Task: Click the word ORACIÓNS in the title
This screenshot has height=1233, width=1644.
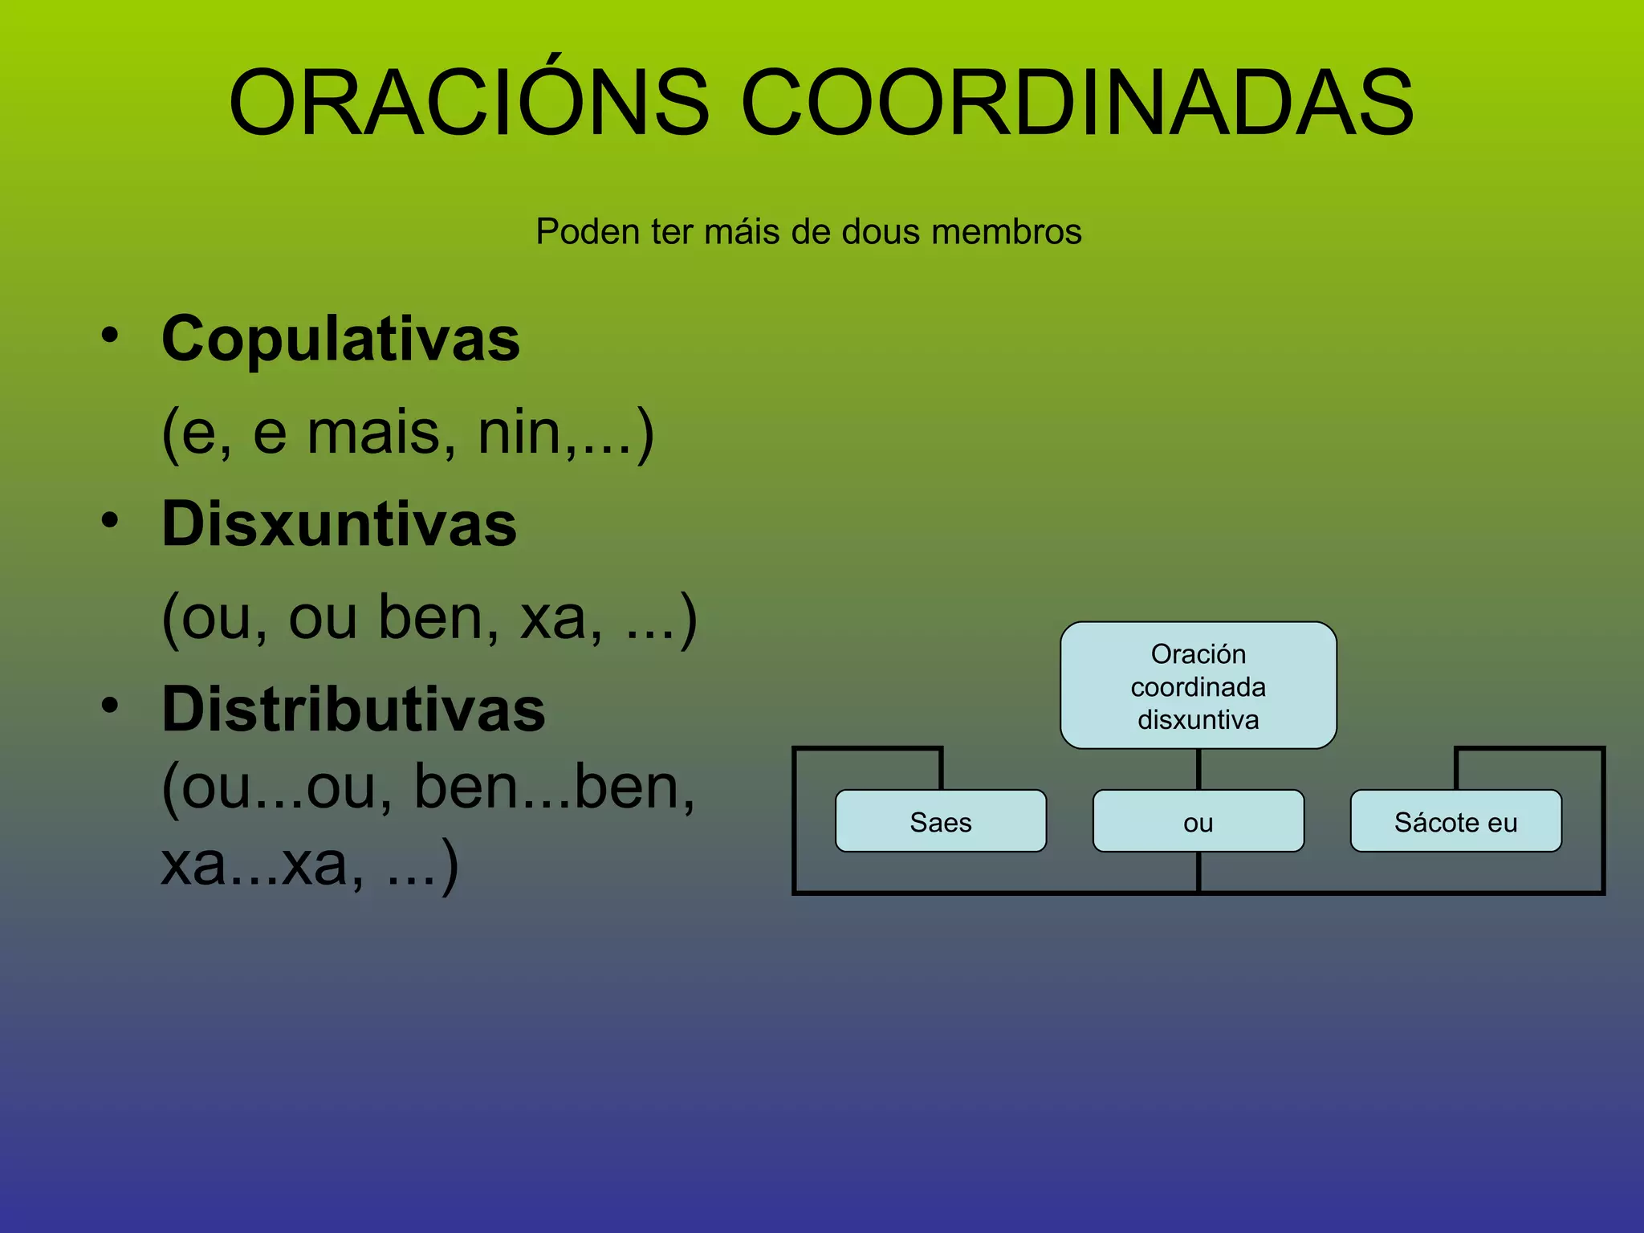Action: click(x=469, y=103)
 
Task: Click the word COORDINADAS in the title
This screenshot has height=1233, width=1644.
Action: click(x=1077, y=103)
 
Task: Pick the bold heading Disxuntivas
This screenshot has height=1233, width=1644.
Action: click(x=339, y=525)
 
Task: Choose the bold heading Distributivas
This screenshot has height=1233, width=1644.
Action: click(x=353, y=710)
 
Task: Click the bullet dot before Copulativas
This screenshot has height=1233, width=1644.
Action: click(x=110, y=335)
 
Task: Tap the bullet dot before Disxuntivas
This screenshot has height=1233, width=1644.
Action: click(x=110, y=520)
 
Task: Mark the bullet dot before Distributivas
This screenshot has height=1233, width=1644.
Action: click(x=110, y=706)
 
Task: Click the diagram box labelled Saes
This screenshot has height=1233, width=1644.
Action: click(x=941, y=821)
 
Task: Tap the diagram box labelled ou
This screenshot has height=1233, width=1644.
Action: click(x=1198, y=821)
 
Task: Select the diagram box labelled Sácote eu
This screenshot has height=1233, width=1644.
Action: click(x=1455, y=821)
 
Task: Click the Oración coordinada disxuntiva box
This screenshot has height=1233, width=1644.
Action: click(x=1198, y=685)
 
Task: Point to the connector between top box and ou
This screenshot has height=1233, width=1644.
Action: click(x=1198, y=769)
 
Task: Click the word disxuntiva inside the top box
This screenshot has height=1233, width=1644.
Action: click(x=1198, y=720)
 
